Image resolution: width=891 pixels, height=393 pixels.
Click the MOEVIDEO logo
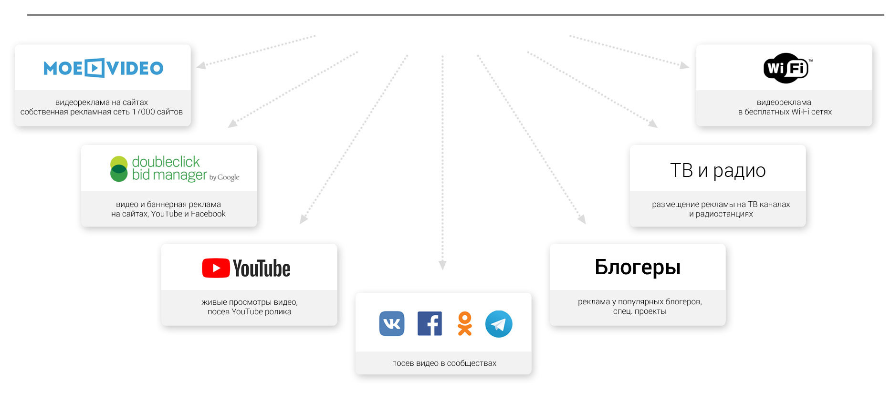click(x=103, y=68)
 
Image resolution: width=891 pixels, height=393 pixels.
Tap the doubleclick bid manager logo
click(x=174, y=169)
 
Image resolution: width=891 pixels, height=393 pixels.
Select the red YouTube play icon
click(x=216, y=268)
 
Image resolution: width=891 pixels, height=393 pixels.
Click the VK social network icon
click(x=392, y=324)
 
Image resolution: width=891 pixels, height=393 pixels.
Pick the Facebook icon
click(x=430, y=324)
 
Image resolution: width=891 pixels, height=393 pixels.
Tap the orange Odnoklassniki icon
click(x=464, y=324)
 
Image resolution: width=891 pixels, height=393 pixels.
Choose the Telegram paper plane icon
click(x=499, y=324)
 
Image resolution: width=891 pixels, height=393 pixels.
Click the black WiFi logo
click(x=786, y=68)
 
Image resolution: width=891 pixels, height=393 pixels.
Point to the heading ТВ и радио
click(x=718, y=170)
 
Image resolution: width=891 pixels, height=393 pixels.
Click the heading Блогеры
click(x=638, y=267)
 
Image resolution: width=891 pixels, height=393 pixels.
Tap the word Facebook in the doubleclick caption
click(x=208, y=214)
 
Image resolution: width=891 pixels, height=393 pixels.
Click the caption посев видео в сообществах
click(x=444, y=363)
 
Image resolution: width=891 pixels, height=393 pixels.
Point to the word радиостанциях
click(x=724, y=214)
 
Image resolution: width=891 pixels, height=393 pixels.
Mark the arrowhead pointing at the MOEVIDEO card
click(x=201, y=65)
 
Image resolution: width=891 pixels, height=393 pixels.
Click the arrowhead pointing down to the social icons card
click(x=442, y=265)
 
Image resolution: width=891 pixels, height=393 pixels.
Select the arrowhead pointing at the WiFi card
click(x=684, y=65)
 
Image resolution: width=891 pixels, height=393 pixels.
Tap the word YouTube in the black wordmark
click(x=262, y=269)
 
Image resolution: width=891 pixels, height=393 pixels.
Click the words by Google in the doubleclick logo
click(x=224, y=177)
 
